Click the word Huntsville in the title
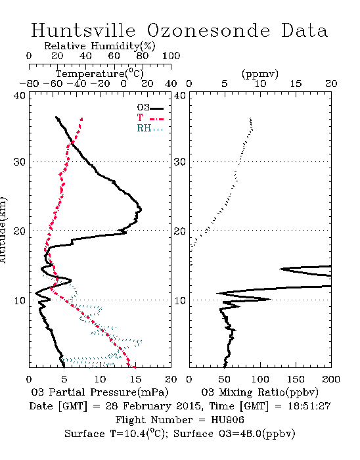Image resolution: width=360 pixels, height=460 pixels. click(83, 30)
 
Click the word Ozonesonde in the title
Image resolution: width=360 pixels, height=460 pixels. click(208, 30)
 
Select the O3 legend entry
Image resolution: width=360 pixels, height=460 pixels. click(150, 108)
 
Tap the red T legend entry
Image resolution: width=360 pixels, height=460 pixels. click(150, 118)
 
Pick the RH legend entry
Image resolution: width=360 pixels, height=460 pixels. click(150, 128)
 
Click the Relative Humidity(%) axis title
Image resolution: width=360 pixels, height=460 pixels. click(100, 46)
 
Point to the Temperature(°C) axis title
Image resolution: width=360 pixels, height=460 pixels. click(100, 74)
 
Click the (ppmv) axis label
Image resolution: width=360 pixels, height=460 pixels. click(260, 74)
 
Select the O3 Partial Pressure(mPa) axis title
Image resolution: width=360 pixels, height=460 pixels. click(100, 392)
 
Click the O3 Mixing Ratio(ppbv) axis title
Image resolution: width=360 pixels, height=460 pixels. click(259, 392)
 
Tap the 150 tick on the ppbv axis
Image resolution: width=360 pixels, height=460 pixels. click(296, 379)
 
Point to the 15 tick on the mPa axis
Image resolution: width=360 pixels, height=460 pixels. click(135, 379)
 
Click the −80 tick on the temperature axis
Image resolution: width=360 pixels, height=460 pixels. click(29, 84)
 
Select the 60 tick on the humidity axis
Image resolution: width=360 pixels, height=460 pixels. click(114, 56)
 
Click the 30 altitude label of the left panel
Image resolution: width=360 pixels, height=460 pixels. click(20, 162)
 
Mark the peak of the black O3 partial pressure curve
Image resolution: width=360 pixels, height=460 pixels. click(141, 210)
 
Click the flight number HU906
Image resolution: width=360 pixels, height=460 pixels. click(227, 420)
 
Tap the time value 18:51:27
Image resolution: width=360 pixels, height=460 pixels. click(309, 406)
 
